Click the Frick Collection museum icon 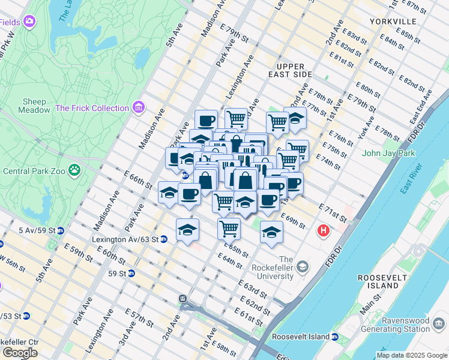(x=139, y=108)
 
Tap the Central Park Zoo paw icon (x=74, y=170)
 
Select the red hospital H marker (x=324, y=230)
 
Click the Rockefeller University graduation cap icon (x=303, y=266)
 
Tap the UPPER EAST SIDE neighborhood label (x=294, y=70)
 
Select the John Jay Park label (x=388, y=153)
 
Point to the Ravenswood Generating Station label (x=408, y=325)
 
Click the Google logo (x=20, y=353)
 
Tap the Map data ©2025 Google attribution (x=412, y=355)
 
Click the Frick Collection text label (x=92, y=108)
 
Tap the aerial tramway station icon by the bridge (x=182, y=298)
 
